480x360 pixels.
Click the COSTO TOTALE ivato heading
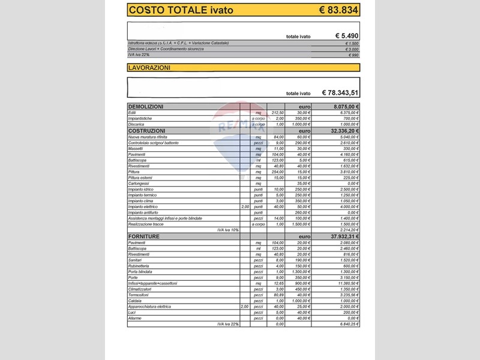(x=181, y=10)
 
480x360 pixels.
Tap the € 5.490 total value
(x=347, y=36)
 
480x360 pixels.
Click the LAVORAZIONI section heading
(x=149, y=68)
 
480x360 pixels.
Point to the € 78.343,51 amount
(x=340, y=93)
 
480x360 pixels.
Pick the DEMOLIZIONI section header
(x=146, y=106)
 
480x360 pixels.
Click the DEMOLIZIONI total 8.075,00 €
(x=346, y=106)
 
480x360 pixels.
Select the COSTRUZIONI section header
(x=147, y=130)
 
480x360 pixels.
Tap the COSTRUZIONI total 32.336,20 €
(x=344, y=130)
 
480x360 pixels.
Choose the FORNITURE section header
(x=144, y=236)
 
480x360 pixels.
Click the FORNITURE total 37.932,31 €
(x=344, y=236)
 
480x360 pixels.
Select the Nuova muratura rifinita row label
(x=148, y=137)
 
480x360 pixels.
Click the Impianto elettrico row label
(x=143, y=206)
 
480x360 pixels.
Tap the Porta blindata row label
(x=140, y=271)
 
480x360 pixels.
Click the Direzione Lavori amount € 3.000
(x=352, y=49)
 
